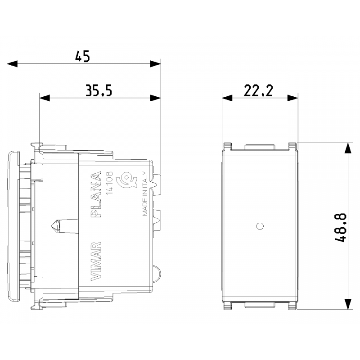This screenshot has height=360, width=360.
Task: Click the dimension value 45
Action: point(82,56)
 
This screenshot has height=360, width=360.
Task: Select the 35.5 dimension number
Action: point(99,90)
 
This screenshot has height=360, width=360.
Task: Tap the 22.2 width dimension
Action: point(258,90)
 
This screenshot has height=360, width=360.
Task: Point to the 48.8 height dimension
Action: point(340,227)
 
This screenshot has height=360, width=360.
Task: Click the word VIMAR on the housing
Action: point(96,261)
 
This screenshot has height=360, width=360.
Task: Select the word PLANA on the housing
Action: point(96,194)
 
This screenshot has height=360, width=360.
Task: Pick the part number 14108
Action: point(110,183)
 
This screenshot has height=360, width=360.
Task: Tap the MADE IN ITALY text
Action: point(144,193)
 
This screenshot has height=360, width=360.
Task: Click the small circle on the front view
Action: point(260,226)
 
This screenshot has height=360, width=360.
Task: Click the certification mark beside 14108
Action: point(126,182)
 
